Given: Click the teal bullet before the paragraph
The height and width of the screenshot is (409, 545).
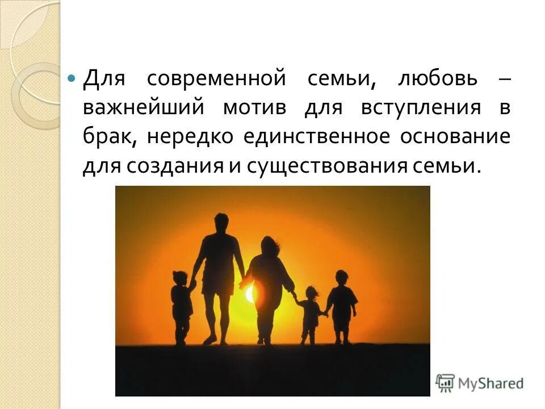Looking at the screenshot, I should [71, 77].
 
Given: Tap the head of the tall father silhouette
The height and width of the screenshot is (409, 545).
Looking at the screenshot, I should [221, 222].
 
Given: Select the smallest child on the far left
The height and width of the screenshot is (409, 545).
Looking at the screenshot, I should [181, 304].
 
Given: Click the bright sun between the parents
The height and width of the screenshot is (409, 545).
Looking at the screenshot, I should [250, 294].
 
